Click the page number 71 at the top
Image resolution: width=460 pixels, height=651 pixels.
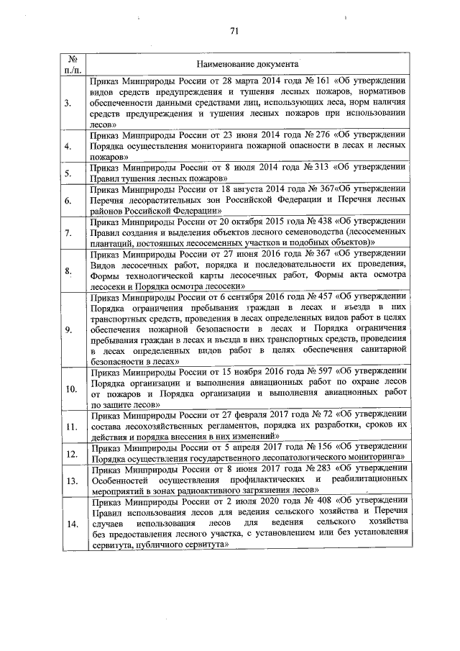point(234,30)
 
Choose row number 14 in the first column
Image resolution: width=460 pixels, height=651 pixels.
point(71,523)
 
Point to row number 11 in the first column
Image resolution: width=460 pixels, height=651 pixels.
point(71,427)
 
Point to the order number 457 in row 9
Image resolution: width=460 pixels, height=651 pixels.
point(333,297)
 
